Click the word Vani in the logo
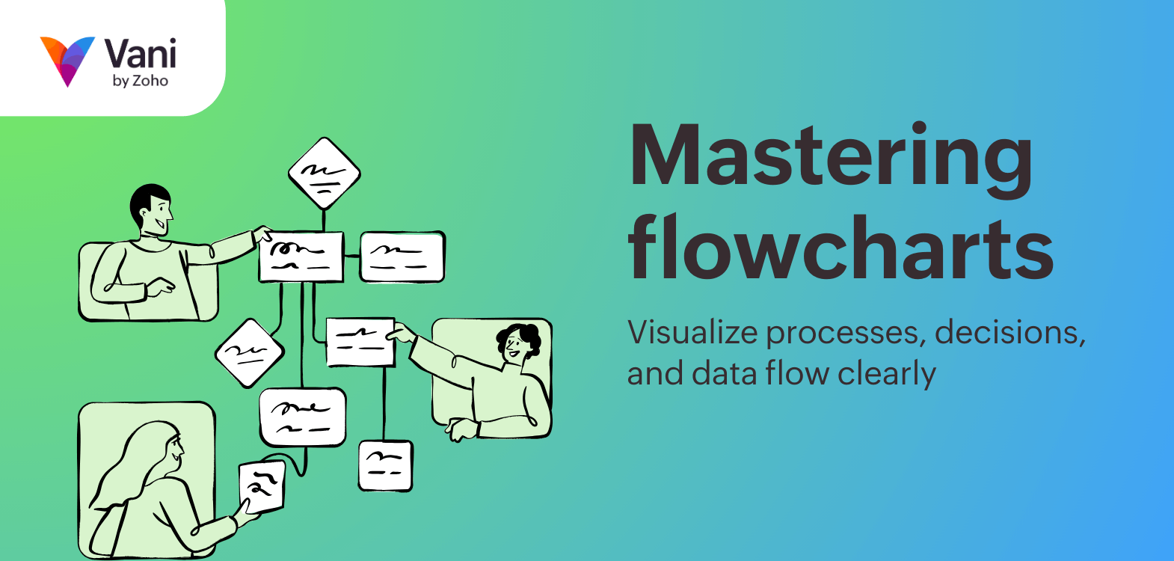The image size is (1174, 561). tap(140, 54)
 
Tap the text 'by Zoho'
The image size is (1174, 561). tap(140, 81)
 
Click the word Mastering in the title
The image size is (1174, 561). tap(830, 157)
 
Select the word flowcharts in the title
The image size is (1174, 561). tap(840, 247)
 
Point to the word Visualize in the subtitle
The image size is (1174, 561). tap(692, 332)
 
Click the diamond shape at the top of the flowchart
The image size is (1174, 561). tap(324, 174)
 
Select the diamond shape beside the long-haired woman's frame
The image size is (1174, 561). tap(249, 353)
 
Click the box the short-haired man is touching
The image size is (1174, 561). tap(301, 257)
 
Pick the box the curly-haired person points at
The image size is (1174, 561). tap(360, 342)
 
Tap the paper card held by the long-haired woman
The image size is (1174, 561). tap(262, 486)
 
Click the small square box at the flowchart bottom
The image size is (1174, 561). tap(385, 465)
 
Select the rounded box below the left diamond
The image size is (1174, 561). tap(302, 417)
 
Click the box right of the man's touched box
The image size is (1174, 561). tap(402, 257)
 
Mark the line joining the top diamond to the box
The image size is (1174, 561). tap(324, 221)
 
